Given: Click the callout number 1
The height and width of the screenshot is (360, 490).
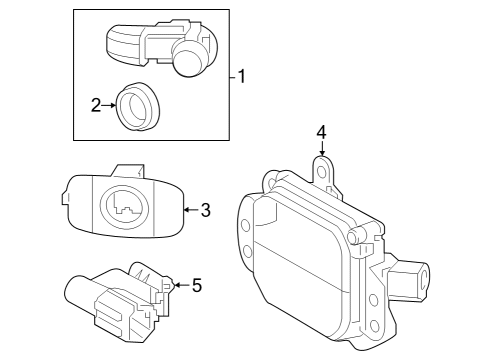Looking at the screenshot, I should coord(242,76).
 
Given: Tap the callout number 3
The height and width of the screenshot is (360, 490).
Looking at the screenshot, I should coord(205,210).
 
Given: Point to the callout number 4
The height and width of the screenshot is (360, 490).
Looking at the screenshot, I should coord(321,132).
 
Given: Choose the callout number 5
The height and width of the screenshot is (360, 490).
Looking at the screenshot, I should coord(196,286).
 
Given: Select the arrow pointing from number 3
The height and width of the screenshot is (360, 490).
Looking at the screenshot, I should coord(190,210).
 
